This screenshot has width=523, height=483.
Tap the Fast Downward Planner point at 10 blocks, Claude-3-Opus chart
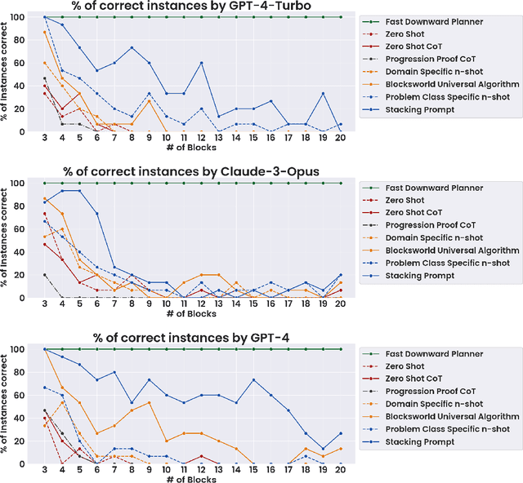[x=166, y=184]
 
